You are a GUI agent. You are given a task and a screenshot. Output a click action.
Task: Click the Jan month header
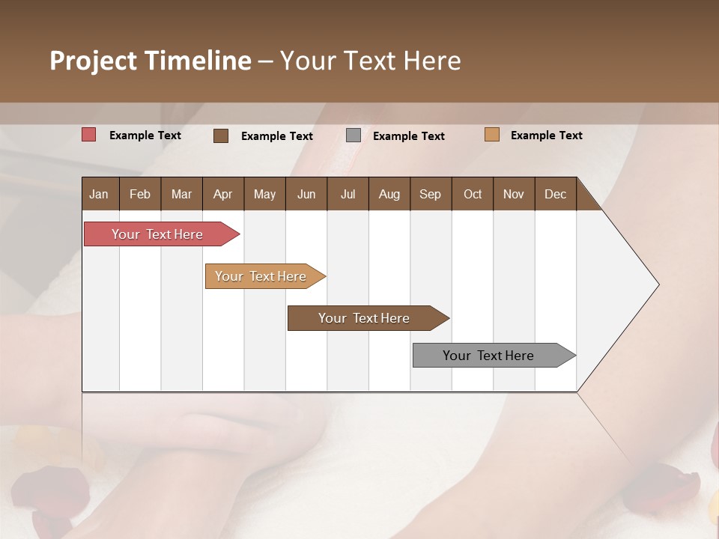tap(99, 194)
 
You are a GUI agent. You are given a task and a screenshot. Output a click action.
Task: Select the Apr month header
tap(222, 194)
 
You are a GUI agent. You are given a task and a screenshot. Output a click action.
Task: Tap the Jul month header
tap(348, 194)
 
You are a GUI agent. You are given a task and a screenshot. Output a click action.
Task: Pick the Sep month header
tap(430, 194)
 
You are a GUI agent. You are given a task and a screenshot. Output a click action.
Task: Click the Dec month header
tap(555, 194)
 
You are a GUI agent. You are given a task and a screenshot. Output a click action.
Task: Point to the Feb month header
tap(140, 194)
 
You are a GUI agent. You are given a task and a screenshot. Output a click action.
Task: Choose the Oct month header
tap(473, 194)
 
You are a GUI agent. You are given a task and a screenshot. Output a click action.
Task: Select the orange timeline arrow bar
tap(262, 276)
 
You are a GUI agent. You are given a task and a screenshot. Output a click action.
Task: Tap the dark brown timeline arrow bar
tap(365, 318)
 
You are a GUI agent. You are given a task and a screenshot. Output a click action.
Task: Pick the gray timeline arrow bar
tap(491, 356)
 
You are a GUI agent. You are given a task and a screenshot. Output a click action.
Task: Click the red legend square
tap(89, 135)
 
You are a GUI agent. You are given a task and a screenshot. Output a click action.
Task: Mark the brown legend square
tap(221, 135)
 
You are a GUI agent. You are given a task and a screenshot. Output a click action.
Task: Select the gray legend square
tap(354, 135)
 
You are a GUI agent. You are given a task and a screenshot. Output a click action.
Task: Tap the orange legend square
tap(492, 135)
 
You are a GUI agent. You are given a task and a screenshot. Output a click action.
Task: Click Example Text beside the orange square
tap(546, 135)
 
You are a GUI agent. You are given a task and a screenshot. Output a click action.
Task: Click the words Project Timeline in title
tap(150, 61)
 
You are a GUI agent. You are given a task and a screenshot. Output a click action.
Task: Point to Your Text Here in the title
tap(370, 61)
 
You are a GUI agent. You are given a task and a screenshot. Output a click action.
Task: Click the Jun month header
tap(306, 194)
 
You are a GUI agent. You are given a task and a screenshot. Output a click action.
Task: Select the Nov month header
tap(514, 194)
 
